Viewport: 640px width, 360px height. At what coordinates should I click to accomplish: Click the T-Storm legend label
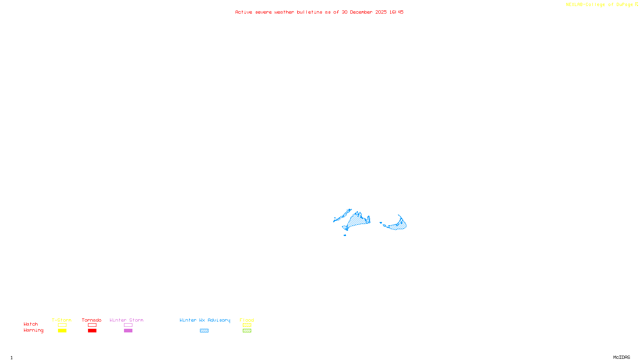(62, 320)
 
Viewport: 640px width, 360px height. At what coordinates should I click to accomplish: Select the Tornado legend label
(92, 320)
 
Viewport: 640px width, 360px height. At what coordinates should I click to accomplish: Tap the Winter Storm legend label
(126, 320)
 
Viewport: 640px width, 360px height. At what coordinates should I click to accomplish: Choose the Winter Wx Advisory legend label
(205, 320)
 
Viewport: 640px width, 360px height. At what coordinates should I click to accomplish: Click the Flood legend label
(247, 320)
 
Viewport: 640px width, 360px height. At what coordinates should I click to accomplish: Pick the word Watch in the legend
(31, 324)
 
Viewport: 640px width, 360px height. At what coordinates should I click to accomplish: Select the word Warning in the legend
(34, 330)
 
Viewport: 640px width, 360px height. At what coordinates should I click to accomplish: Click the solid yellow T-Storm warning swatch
(62, 331)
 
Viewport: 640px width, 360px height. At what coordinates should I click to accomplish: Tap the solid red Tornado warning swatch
(92, 331)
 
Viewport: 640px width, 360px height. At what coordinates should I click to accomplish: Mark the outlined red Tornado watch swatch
(92, 325)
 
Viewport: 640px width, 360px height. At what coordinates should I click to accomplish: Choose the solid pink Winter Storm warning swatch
(128, 331)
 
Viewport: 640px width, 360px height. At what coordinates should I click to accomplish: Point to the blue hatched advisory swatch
(204, 331)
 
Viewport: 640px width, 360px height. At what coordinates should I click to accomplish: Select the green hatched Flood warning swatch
(247, 331)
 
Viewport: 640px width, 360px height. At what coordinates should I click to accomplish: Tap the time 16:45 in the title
(396, 12)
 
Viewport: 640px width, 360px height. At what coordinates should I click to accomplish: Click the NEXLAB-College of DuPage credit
(600, 4)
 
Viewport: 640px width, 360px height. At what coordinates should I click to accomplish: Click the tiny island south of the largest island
(345, 235)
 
